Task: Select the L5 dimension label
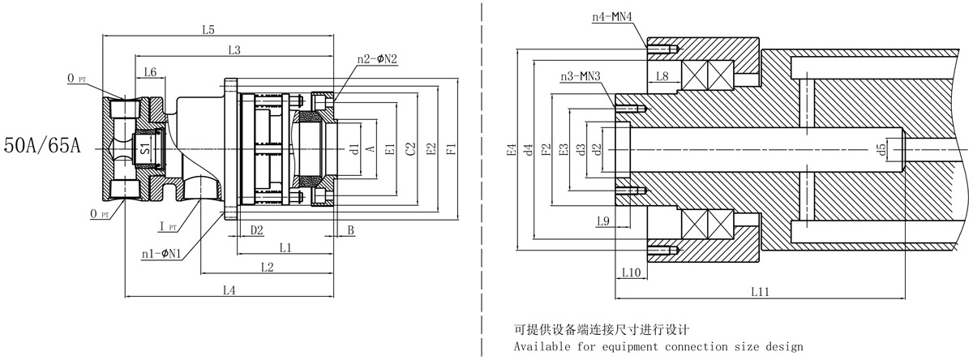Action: point(208,30)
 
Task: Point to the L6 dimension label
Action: point(150,73)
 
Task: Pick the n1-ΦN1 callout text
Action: point(161,254)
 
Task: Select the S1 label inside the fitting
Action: point(144,149)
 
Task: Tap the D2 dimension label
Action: point(256,230)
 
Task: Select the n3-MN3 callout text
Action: point(581,77)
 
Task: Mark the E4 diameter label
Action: point(511,149)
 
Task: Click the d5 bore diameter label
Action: point(881,149)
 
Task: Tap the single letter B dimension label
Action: point(350,230)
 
